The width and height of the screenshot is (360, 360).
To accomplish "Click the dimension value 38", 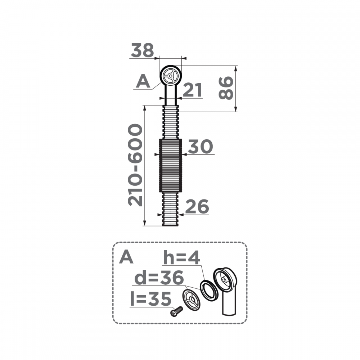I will click(x=143, y=50).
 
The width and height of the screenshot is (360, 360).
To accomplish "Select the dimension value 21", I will click(x=192, y=90).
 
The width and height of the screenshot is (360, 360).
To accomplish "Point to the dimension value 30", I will click(x=201, y=147).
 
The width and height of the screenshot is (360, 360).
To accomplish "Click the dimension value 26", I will click(x=197, y=207).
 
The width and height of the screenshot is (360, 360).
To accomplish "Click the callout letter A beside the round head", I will click(x=143, y=82).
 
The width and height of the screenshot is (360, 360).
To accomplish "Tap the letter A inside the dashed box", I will click(x=126, y=257).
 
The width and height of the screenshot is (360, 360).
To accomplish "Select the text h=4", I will click(x=182, y=258).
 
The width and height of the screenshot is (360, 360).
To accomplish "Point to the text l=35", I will click(x=150, y=298).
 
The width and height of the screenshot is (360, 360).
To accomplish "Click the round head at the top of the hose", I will click(x=170, y=76).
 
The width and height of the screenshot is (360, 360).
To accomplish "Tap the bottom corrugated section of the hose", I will click(x=170, y=209).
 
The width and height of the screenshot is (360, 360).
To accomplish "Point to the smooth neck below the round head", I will click(x=170, y=95).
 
